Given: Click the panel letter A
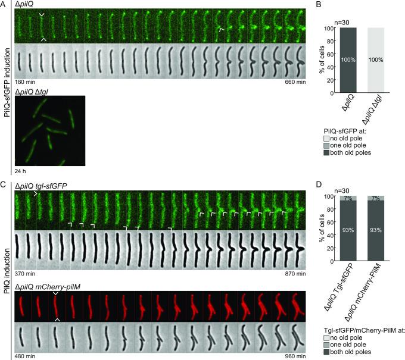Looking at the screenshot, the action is point(4,4).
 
